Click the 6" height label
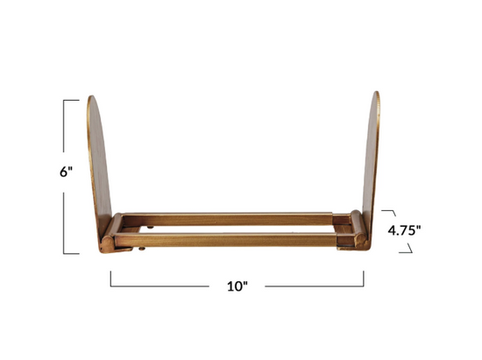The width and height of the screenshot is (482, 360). tap(66, 172)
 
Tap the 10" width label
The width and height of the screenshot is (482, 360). tap(237, 286)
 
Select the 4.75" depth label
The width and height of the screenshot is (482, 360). tap(404, 230)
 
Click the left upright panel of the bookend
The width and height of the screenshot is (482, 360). tap(99, 166)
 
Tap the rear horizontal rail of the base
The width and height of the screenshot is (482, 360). tap(228, 219)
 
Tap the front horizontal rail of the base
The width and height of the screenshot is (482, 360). tap(226, 240)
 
